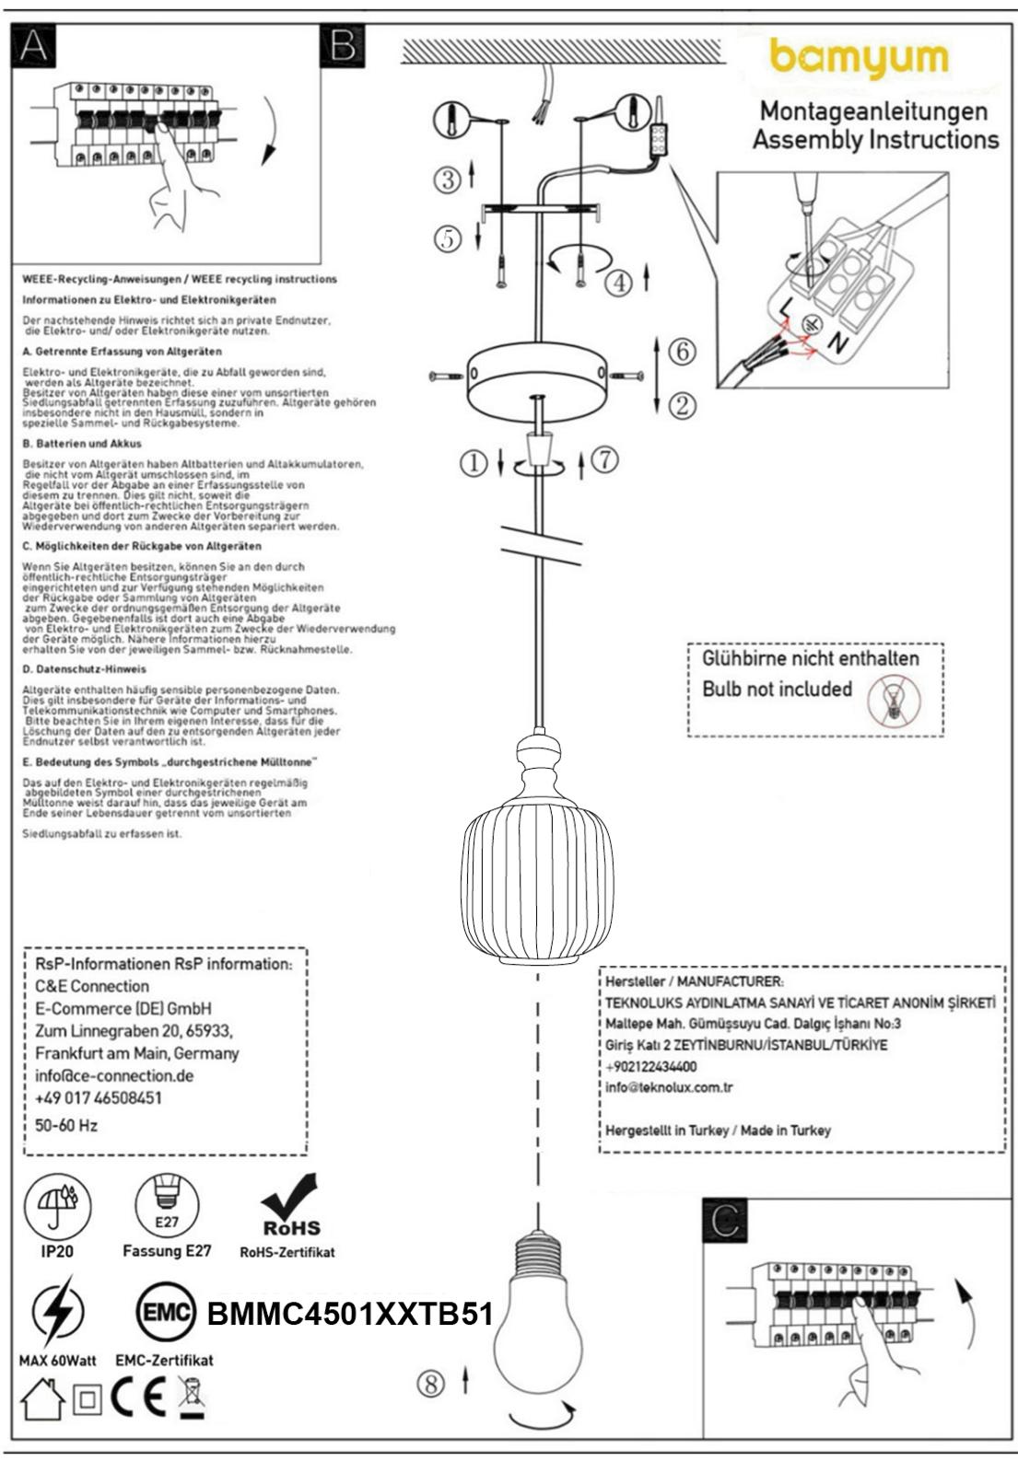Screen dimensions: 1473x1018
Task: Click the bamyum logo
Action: [859, 59]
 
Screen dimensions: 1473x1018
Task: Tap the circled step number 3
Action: [448, 179]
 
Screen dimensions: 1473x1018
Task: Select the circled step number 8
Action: [430, 1383]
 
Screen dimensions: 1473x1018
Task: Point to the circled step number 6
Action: [681, 351]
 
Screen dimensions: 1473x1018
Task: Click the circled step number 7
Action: [604, 459]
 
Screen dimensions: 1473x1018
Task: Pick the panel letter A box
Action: [32, 45]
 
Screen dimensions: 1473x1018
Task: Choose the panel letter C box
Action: [724, 1221]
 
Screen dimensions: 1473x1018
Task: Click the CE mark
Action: [138, 1398]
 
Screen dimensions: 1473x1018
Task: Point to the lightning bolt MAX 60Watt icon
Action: [57, 1311]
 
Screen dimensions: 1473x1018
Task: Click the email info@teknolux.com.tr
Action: [669, 1087]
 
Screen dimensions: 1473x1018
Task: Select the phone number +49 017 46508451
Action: [99, 1098]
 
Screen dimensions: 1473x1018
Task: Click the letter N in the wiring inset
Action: [837, 342]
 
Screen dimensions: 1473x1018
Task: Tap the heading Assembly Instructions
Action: [875, 140]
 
